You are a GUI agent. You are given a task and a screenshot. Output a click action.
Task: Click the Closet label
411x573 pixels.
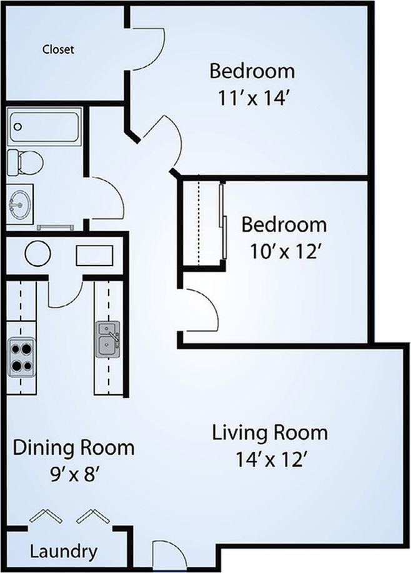tap(58, 49)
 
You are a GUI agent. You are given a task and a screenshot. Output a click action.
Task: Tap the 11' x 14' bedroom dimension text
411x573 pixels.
tap(252, 98)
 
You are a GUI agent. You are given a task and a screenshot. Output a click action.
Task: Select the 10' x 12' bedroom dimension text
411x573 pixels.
tap(284, 252)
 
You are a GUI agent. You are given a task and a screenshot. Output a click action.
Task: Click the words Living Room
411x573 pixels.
tap(270, 432)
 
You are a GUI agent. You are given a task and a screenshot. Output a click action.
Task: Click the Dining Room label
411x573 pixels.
tap(74, 447)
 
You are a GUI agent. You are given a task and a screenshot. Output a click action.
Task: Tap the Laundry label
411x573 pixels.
tap(64, 552)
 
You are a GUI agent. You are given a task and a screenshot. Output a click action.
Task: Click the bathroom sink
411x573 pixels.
tap(20, 205)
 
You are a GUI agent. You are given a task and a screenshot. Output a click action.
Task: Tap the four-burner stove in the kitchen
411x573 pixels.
tap(20, 357)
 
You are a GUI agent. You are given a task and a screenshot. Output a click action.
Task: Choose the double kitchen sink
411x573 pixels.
tap(107, 339)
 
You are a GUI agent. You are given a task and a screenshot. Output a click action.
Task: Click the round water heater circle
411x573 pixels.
tap(37, 254)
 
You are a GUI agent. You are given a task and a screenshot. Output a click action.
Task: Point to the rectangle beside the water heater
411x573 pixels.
tap(94, 255)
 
